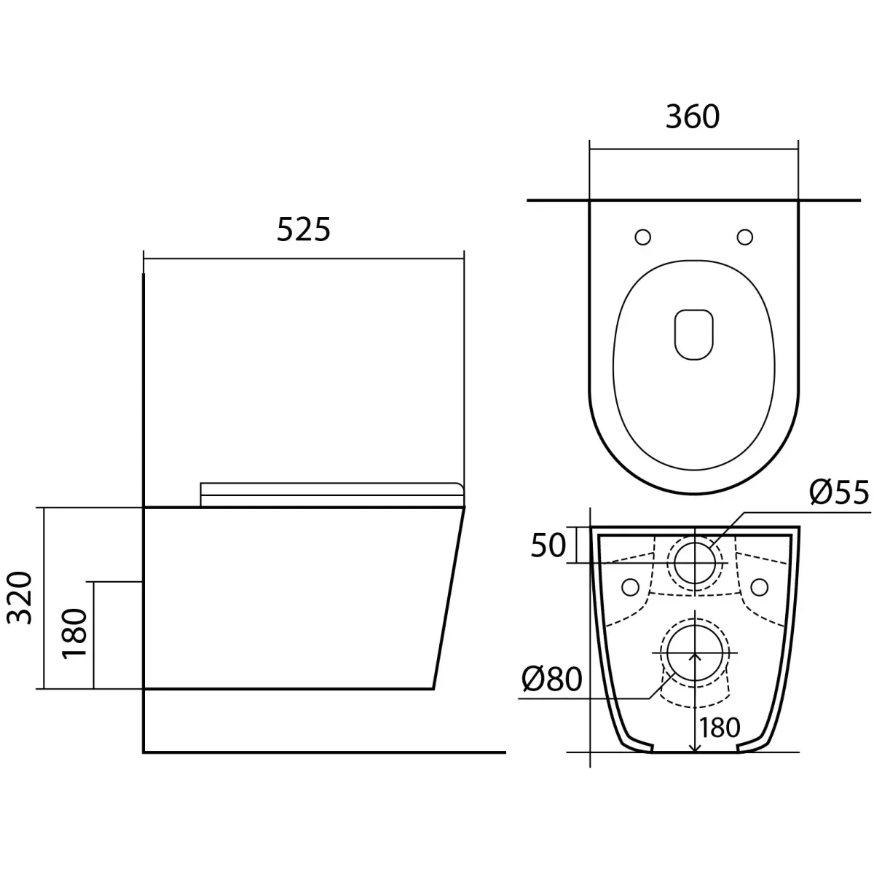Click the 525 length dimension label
click(x=304, y=229)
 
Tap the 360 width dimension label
click(x=692, y=117)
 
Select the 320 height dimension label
click(x=20, y=598)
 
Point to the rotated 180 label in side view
click(x=74, y=634)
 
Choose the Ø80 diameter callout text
click(x=551, y=679)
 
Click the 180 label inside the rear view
click(x=720, y=728)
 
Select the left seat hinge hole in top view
click(x=642, y=237)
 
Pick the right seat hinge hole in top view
click(x=745, y=237)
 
